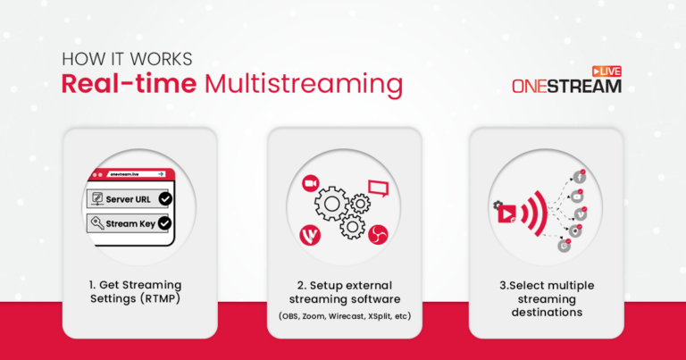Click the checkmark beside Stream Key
164,223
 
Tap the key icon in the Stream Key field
95,223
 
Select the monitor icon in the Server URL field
95,198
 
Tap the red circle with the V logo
308,236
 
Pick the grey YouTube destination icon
578,196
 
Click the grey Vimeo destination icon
580,213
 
